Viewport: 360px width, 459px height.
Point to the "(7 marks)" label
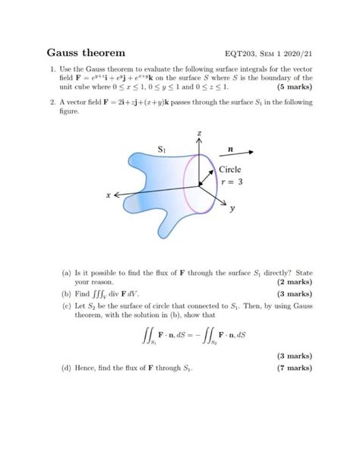point(292,369)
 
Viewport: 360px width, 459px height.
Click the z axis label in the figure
point(200,134)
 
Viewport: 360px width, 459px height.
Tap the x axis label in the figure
point(109,196)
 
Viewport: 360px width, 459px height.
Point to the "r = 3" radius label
point(231,182)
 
